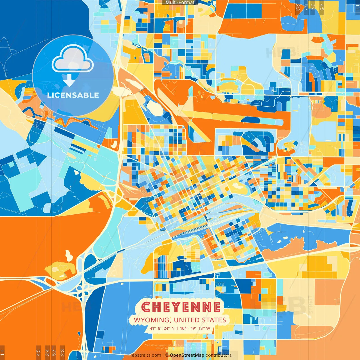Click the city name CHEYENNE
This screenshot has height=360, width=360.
(181, 307)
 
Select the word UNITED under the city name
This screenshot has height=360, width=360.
(187, 320)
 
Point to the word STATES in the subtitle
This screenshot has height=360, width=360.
(214, 320)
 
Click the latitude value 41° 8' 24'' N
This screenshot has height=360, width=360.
(162, 328)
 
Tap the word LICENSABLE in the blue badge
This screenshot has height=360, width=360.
(73, 95)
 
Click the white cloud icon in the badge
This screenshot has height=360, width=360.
(73, 59)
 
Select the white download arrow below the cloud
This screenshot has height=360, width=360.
(69, 81)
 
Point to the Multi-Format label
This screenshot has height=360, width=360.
(180, 3)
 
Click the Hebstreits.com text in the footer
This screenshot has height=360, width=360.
(145, 355)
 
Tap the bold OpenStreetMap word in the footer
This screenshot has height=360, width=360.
(187, 355)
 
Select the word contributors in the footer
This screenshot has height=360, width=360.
(219, 355)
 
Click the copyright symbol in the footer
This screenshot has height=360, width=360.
(166, 355)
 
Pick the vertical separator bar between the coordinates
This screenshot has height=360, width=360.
(177, 328)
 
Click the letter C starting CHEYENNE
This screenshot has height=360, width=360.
(146, 307)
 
